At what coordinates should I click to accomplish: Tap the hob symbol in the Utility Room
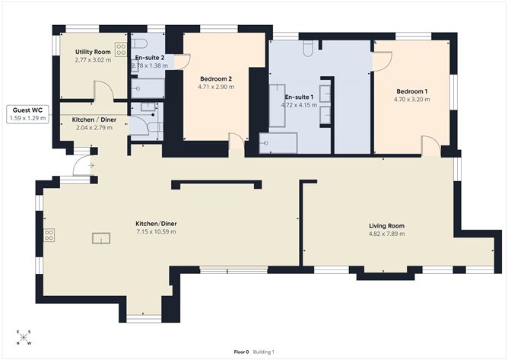(119, 43)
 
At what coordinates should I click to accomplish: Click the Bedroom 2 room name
(216, 78)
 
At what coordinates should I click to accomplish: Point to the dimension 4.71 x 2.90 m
(216, 87)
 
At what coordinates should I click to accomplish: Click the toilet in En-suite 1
(307, 48)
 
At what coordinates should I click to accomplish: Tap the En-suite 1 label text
(299, 97)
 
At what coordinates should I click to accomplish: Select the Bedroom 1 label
(410, 91)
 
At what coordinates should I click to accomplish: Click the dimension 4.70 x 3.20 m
(410, 99)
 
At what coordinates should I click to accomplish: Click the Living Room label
(386, 226)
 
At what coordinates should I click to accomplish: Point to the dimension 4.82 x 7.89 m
(386, 234)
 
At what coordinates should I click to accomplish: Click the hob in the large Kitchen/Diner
(49, 234)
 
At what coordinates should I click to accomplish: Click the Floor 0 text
(241, 352)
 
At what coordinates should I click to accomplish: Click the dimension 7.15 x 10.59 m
(156, 231)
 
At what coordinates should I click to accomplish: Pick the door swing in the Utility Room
(105, 91)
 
